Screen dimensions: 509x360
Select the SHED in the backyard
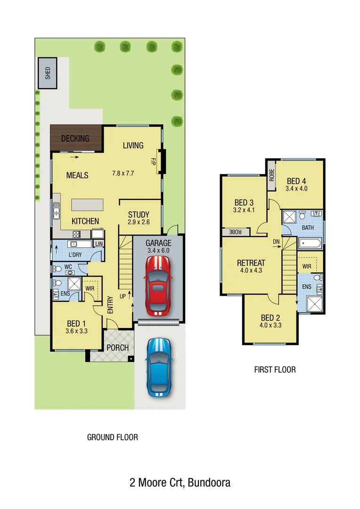[x=48, y=74]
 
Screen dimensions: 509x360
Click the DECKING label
[x=75, y=139]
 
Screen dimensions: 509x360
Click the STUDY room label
[x=139, y=214]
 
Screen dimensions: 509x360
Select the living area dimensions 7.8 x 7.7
[x=123, y=173]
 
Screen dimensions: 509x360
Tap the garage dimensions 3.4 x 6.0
[x=158, y=251]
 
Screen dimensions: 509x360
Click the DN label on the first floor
[x=276, y=242]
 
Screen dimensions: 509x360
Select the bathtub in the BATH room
[x=310, y=244]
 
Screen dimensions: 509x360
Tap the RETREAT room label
[x=251, y=263]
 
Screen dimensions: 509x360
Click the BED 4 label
[x=296, y=181]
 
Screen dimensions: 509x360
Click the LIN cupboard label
[x=98, y=244]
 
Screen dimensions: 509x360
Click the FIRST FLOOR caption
[x=275, y=369]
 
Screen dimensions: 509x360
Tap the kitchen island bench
[x=87, y=205]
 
